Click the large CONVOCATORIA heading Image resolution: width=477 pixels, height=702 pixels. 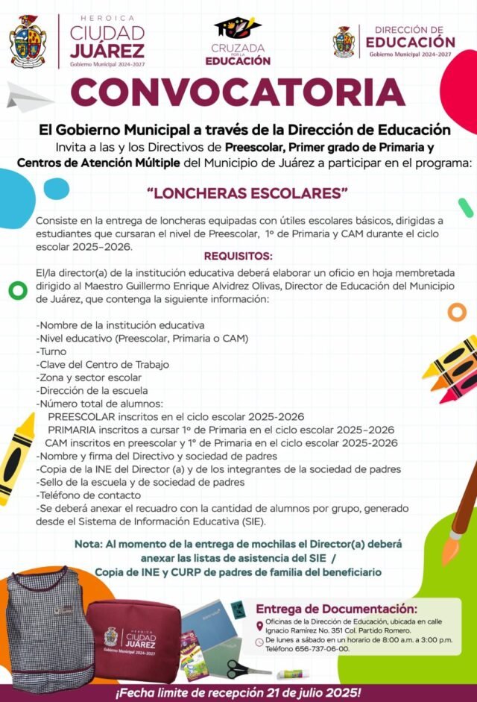click(x=238, y=92)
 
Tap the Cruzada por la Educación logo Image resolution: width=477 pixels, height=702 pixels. click(x=238, y=41)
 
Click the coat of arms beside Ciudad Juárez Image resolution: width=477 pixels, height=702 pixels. click(x=28, y=42)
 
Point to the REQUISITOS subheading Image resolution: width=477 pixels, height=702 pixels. click(x=238, y=257)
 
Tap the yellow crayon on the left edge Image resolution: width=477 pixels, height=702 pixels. click(x=16, y=455)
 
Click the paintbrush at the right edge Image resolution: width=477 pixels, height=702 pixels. click(x=462, y=515)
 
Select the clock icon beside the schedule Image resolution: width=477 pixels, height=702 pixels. click(x=259, y=641)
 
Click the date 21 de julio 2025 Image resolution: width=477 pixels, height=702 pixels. click(x=312, y=692)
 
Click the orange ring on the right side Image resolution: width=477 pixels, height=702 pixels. click(x=457, y=312)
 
